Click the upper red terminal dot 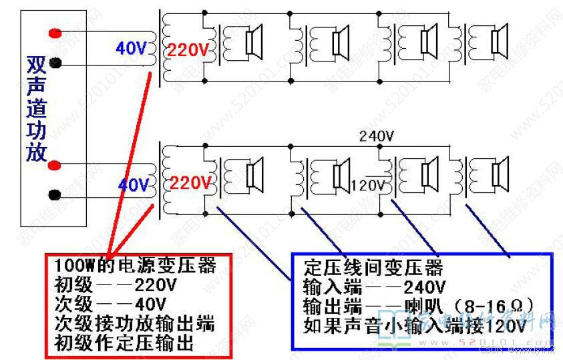[x=56, y=33]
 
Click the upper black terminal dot [x=56, y=63]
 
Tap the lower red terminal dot [x=56, y=165]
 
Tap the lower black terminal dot [x=56, y=195]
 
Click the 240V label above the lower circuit [x=377, y=136]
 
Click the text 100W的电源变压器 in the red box [x=136, y=266]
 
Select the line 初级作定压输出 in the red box [x=124, y=344]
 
